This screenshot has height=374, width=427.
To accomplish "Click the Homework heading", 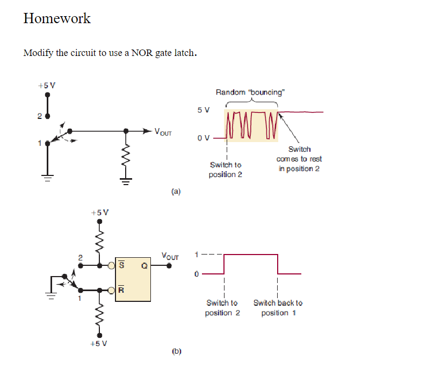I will point(57,18).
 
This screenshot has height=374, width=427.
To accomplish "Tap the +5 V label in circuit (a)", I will point(47,85).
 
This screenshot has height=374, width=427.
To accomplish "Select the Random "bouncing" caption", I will point(250,92).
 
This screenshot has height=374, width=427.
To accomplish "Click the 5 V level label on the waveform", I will point(204,110).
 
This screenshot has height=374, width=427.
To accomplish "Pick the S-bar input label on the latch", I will point(121,265).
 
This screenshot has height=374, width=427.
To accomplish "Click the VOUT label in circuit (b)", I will point(170,256).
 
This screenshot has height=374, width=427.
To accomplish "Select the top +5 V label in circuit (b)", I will point(99,212).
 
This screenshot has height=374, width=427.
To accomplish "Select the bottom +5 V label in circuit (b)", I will point(99,343).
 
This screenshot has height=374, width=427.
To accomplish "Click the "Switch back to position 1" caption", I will point(278,308).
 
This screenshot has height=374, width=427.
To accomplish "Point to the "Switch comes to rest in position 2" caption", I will point(299,159).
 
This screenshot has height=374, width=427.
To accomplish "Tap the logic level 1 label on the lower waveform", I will point(196,254).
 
